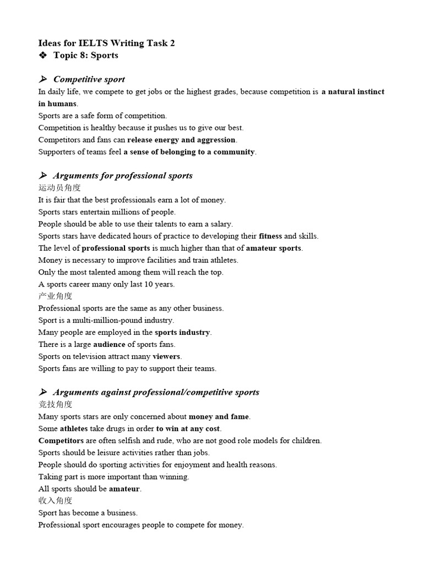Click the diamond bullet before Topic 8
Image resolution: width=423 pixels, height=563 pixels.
pyautogui.click(x=43, y=55)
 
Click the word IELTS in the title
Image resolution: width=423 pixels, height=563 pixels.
pyautogui.click(x=92, y=43)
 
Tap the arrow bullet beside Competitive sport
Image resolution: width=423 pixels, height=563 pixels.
pyautogui.click(x=43, y=79)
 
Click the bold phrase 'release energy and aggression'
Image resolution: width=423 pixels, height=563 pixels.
pyautogui.click(x=181, y=140)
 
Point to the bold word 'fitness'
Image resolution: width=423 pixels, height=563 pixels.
pyautogui.click(x=270, y=236)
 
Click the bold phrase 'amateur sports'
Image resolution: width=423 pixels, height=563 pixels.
pyautogui.click(x=274, y=249)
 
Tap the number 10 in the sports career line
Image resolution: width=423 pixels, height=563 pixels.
pyautogui.click(x=150, y=285)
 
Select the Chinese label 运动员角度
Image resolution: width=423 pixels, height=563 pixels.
pyautogui.click(x=59, y=188)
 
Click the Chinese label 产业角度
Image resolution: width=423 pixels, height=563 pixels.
pyautogui.click(x=55, y=296)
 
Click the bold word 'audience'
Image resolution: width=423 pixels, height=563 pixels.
pyautogui.click(x=109, y=345)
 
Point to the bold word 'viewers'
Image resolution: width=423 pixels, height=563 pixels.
pyautogui.click(x=166, y=357)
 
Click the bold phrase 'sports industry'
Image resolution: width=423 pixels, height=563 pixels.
pyautogui.click(x=182, y=333)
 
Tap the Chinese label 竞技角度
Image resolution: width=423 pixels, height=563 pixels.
pyautogui.click(x=55, y=405)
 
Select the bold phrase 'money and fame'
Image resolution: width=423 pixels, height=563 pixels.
pyautogui.click(x=219, y=417)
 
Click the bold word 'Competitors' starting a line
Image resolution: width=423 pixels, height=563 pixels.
pyautogui.click(x=61, y=441)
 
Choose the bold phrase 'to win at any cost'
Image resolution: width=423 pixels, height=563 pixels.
pyautogui.click(x=188, y=429)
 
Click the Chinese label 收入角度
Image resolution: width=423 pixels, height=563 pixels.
pyautogui.click(x=55, y=501)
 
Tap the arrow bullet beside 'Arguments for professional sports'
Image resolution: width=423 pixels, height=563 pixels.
pyautogui.click(x=43, y=176)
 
